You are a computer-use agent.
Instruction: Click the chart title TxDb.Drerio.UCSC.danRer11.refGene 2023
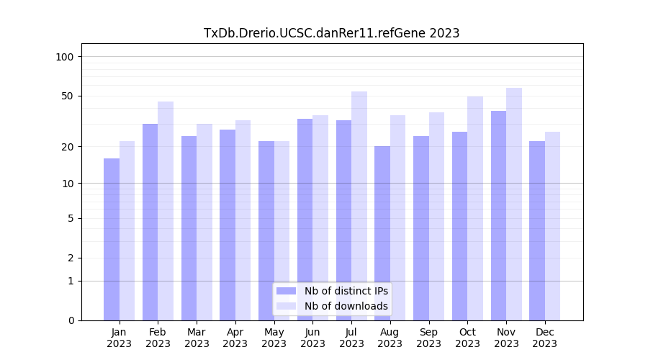tap(331, 33)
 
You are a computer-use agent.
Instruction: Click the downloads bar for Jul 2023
tap(359, 206)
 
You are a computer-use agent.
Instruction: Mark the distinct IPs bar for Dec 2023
tap(537, 230)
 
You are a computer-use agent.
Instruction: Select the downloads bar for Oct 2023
tap(475, 208)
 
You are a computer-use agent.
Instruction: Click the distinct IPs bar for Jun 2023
tap(305, 220)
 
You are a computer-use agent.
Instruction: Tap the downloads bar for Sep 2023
tap(436, 216)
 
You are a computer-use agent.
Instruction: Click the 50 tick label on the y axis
tap(68, 96)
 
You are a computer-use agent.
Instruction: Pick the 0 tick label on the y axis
tap(71, 320)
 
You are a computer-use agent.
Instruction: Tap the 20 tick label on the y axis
tap(68, 147)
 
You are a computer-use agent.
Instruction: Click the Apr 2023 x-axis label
tap(235, 338)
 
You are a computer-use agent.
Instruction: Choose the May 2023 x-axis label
tap(274, 338)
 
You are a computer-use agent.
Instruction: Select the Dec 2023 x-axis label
tap(545, 338)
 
